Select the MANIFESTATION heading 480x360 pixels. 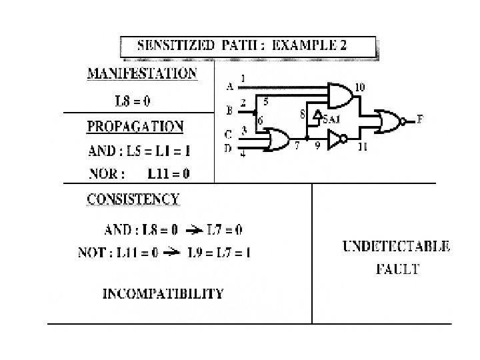[x=143, y=73]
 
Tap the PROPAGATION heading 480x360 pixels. [x=136, y=126]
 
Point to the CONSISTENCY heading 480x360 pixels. [x=133, y=199]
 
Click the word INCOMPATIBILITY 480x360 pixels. [x=163, y=293]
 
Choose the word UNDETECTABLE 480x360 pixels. [x=396, y=246]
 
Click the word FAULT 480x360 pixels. [x=397, y=269]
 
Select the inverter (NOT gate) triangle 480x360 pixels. [x=337, y=139]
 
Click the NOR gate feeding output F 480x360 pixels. [x=389, y=120]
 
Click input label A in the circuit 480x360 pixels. [x=230, y=86]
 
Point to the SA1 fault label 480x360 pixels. [x=330, y=119]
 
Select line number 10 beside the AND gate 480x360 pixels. [x=359, y=87]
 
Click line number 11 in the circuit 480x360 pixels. [x=363, y=146]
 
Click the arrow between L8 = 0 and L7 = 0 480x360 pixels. [x=193, y=231]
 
